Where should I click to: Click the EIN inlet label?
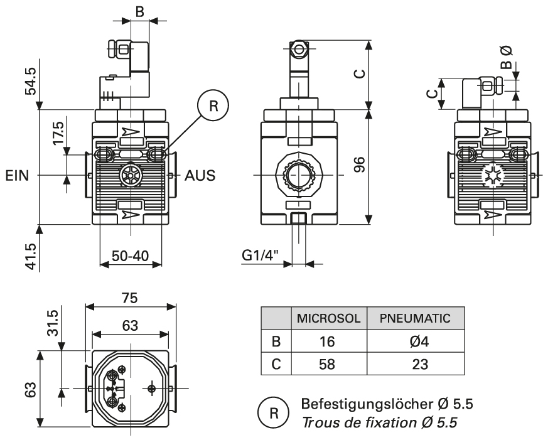click(x=17, y=176)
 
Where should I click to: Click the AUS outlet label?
click(x=200, y=176)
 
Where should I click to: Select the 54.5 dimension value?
click(x=31, y=81)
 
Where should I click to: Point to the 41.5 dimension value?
click(x=31, y=256)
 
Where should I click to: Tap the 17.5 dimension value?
click(x=58, y=133)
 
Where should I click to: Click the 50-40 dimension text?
click(x=130, y=256)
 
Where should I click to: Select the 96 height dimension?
click(x=360, y=164)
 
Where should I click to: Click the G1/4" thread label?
click(x=260, y=255)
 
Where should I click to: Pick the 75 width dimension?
click(x=130, y=298)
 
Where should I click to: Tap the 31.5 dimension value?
click(x=53, y=323)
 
